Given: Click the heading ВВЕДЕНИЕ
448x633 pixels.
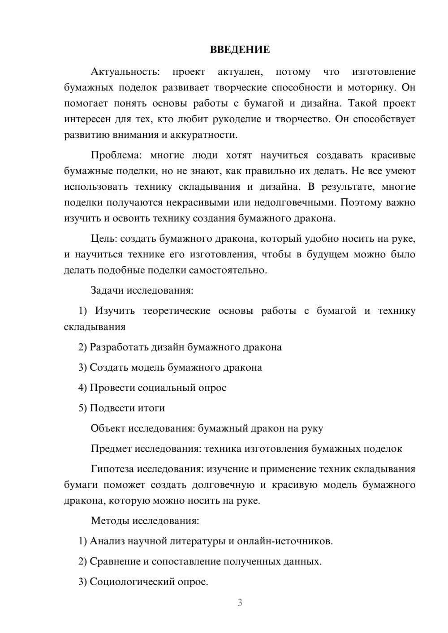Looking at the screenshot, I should [240, 50].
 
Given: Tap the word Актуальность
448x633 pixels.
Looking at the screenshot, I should [125, 72].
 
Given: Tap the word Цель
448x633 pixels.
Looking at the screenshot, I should [104, 239].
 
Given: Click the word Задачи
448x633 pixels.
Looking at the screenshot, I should [107, 291].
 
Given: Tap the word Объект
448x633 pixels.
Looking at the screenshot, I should [108, 428].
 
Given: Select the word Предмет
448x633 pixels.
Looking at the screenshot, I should [111, 449].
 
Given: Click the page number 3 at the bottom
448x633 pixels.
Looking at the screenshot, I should [240, 603].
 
